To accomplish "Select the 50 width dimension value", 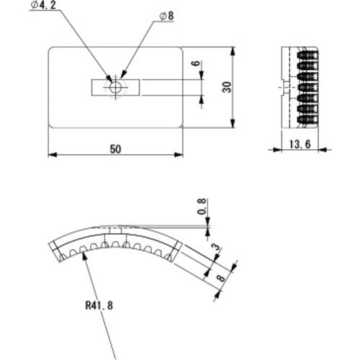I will point(115,148).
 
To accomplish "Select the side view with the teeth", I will point(297,88).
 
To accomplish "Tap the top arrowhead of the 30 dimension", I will point(234,51).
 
